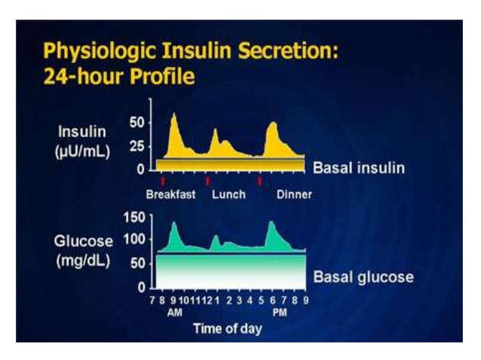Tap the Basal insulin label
(x=358, y=167)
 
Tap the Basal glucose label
(x=363, y=276)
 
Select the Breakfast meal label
(x=171, y=194)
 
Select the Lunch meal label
(x=228, y=194)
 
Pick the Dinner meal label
(x=294, y=194)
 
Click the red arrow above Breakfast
(x=163, y=181)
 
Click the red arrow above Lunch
(x=207, y=181)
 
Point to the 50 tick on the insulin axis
(x=136, y=121)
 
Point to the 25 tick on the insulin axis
(x=136, y=145)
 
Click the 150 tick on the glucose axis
(x=133, y=218)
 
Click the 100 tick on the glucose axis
(x=133, y=239)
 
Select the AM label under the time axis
(x=173, y=312)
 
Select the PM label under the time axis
(x=279, y=312)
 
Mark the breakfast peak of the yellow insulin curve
(x=174, y=114)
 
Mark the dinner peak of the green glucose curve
(x=271, y=222)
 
